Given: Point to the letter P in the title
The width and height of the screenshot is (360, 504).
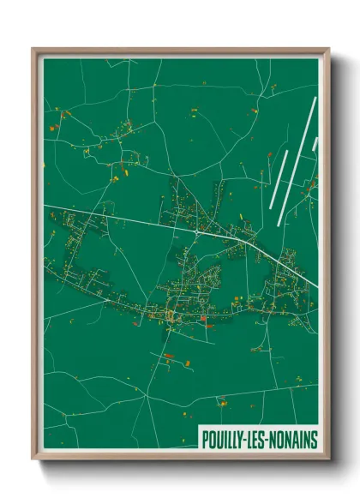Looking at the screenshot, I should click(x=205, y=440).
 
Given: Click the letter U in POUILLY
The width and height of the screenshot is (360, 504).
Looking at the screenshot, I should click(x=219, y=440).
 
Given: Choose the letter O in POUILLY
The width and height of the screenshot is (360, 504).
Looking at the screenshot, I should click(x=212, y=440).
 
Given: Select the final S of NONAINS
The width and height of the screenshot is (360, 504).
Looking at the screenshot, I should click(x=314, y=440).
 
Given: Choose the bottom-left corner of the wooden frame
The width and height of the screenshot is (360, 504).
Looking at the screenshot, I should click(x=33, y=459).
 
